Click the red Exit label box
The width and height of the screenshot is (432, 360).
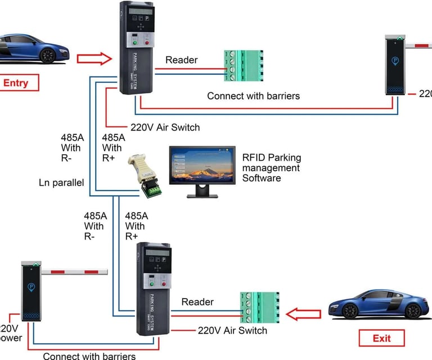pos(381,338)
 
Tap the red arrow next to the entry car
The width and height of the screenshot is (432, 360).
pos(94,57)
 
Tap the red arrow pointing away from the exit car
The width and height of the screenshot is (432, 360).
pos(304,313)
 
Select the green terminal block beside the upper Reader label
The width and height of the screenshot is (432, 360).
pos(243,66)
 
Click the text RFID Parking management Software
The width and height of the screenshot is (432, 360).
pos(271,168)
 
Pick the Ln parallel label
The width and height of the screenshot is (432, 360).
pos(61,182)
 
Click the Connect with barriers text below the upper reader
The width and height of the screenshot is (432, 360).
pos(253,96)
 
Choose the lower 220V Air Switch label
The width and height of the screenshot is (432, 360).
pos(232,330)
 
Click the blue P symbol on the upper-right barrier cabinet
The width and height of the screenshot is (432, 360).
pos(395,58)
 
